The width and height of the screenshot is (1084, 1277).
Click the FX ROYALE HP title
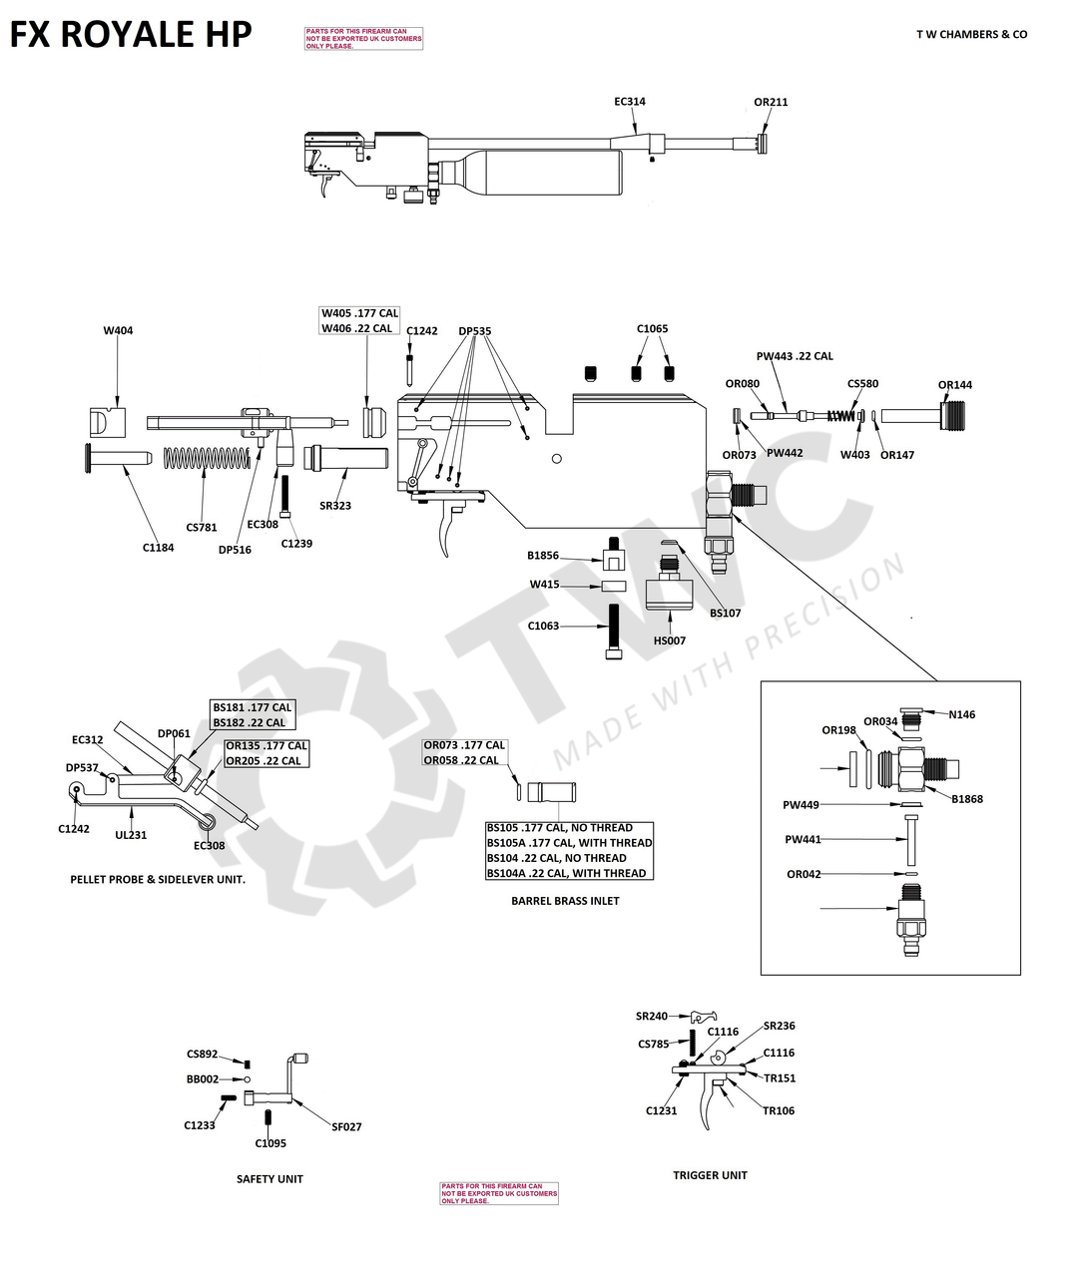coord(131,35)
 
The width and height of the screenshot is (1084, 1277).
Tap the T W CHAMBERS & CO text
coord(971,35)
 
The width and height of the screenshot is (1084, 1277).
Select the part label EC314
coord(629,102)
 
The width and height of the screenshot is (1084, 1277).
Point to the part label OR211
coord(771,102)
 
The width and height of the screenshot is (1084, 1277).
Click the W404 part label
coord(118,331)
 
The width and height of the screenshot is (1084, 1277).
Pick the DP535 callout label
coord(474,331)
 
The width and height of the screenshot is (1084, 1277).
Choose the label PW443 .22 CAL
coord(795,356)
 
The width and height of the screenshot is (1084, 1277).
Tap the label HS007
coord(670,640)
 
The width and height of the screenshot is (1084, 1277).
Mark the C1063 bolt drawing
coord(614,631)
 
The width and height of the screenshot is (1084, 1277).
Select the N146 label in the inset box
coord(962,714)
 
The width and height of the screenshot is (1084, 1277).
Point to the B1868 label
coord(967,799)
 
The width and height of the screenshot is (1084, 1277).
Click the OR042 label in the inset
coord(804,875)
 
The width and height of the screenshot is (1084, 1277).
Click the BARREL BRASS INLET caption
coord(565,901)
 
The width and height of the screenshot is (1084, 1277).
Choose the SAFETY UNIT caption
coord(270,1179)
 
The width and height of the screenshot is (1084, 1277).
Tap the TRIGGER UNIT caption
coord(710,1175)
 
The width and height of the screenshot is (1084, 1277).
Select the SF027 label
coord(346,1127)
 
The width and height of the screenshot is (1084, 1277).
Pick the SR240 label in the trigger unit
coord(652,1017)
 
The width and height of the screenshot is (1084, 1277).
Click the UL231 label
coord(131,835)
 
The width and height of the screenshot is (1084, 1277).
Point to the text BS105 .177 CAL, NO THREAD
coord(559,828)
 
